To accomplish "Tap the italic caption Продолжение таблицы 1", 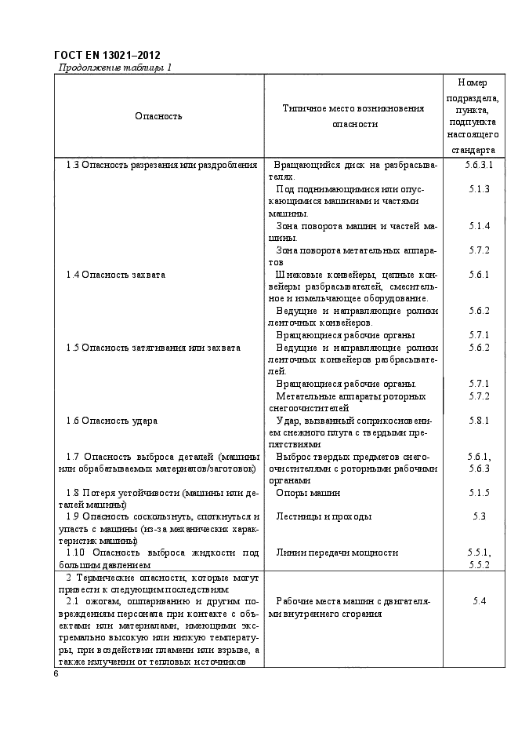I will (115, 67).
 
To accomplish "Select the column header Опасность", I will (158, 116).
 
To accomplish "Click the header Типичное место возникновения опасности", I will (354, 116).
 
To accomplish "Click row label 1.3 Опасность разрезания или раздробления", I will (161, 165).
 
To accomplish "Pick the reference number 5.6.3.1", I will (479, 165).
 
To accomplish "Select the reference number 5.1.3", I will (479, 189).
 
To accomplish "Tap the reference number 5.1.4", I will (479, 226).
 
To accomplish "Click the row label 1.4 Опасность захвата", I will (115, 275).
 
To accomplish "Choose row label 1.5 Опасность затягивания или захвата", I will (153, 347).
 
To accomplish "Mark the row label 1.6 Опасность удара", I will (111, 420).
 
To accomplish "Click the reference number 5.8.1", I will (479, 420).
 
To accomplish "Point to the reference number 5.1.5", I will (479, 492).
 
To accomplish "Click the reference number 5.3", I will (479, 516).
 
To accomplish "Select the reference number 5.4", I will (479, 601).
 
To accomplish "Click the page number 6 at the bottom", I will (56, 674).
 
